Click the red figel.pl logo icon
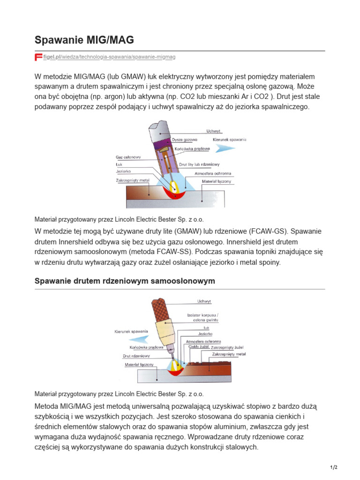(38, 57)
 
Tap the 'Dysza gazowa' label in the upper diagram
(184, 140)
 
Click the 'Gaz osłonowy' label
(128, 157)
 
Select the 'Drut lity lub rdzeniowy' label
(199, 165)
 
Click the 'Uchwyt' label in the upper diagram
(213, 131)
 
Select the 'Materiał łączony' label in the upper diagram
(216, 181)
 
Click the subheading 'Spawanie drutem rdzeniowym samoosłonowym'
(125, 281)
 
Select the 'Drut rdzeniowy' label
(136, 356)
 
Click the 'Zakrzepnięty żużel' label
(227, 348)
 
